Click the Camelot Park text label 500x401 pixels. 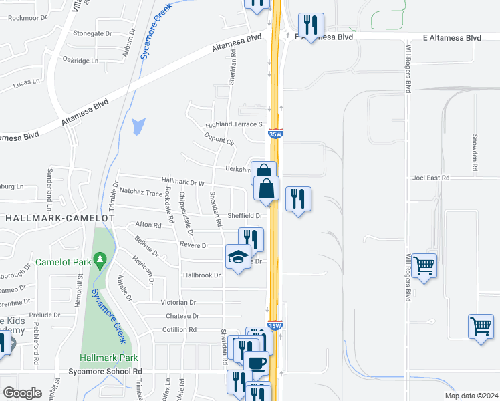point(64,262)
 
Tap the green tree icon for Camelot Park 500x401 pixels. point(100,258)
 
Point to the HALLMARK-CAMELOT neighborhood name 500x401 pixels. point(49,218)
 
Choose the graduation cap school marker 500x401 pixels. point(238,257)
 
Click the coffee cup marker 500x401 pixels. point(257,362)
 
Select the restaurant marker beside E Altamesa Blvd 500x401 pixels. point(310,26)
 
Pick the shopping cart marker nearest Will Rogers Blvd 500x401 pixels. point(424,265)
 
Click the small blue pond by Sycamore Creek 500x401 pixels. point(139,126)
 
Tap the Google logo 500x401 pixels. point(22,392)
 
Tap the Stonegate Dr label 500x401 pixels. point(92,33)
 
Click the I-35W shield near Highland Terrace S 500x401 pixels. point(275,134)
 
